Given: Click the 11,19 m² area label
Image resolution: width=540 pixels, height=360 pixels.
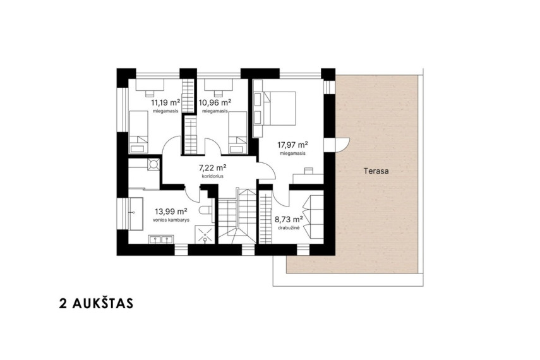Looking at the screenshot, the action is tap(165, 102).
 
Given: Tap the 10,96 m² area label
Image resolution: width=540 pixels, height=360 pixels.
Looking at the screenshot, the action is tap(215, 102).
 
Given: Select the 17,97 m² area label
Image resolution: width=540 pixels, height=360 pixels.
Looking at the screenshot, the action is tap(292, 145).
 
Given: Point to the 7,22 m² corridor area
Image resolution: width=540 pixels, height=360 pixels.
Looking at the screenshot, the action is tap(212, 168).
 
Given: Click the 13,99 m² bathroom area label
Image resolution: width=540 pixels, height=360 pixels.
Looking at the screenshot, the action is tap(171, 211).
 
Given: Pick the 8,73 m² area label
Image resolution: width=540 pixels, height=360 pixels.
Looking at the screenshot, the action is tap(289, 219).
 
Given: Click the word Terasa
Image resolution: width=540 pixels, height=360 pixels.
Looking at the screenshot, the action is tap(376, 171).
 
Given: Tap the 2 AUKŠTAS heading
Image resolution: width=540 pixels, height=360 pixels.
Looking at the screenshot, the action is tap(96, 304).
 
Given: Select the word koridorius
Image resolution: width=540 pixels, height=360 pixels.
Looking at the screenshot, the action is tap(212, 176).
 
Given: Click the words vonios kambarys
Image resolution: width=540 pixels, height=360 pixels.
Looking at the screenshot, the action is tap(171, 219).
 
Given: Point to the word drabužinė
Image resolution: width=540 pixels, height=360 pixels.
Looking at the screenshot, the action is tap(289, 227).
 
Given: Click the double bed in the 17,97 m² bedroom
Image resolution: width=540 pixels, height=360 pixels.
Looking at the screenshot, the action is tap(279, 108).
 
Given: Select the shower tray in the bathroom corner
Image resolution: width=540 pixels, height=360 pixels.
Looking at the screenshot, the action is tap(205, 234).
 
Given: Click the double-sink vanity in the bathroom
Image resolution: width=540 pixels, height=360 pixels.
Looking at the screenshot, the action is tap(161, 239).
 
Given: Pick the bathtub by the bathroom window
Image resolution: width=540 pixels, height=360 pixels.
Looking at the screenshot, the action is tap(136, 213).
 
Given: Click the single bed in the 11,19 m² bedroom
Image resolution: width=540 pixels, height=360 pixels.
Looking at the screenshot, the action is tap(139, 132).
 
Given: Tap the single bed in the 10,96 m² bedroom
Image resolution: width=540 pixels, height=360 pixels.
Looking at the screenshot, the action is tap(237, 132).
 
